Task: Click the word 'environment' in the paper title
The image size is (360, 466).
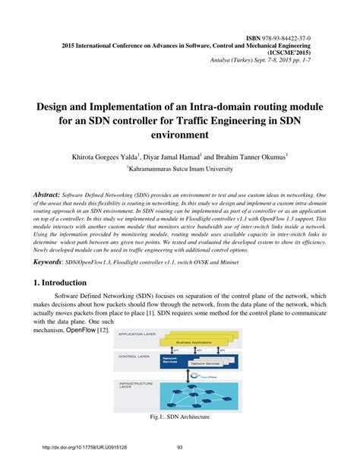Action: click(179, 135)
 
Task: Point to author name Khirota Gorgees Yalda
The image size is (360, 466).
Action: click(127, 156)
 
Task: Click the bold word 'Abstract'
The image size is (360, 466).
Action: click(41, 195)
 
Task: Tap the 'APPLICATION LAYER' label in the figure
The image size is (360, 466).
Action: click(135, 334)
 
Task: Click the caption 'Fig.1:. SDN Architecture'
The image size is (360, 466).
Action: click(179, 417)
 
